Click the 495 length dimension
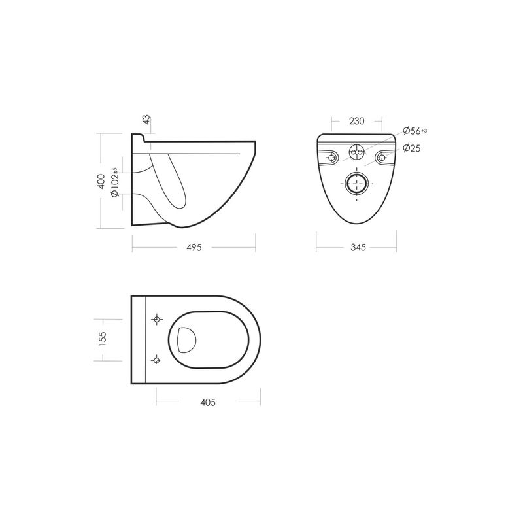[194, 248]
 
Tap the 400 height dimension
[101, 181]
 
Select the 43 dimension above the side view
[146, 120]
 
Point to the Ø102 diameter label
[115, 182]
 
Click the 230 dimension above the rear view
[356, 121]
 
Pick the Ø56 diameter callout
[414, 131]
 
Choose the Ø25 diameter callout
[412, 148]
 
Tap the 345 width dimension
[358, 247]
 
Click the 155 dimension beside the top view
[103, 339]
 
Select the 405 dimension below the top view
[208, 403]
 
